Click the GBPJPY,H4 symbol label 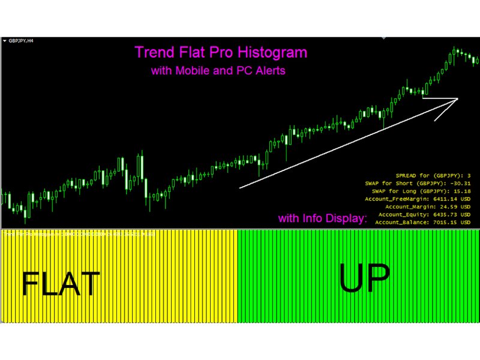(21, 41)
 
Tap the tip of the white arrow (457, 99)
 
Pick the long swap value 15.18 (461, 190)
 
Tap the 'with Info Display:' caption (322, 218)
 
